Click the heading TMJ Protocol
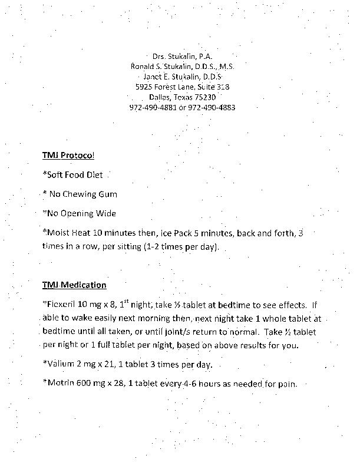(68, 155)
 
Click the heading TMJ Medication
(74, 285)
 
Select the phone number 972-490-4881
(150, 107)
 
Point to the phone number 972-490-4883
(215, 107)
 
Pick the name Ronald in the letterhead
(143, 67)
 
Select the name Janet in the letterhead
(153, 77)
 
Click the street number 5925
(144, 87)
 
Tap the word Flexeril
(62, 305)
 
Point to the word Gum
(107, 194)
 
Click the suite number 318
(221, 87)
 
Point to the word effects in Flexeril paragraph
(289, 305)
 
